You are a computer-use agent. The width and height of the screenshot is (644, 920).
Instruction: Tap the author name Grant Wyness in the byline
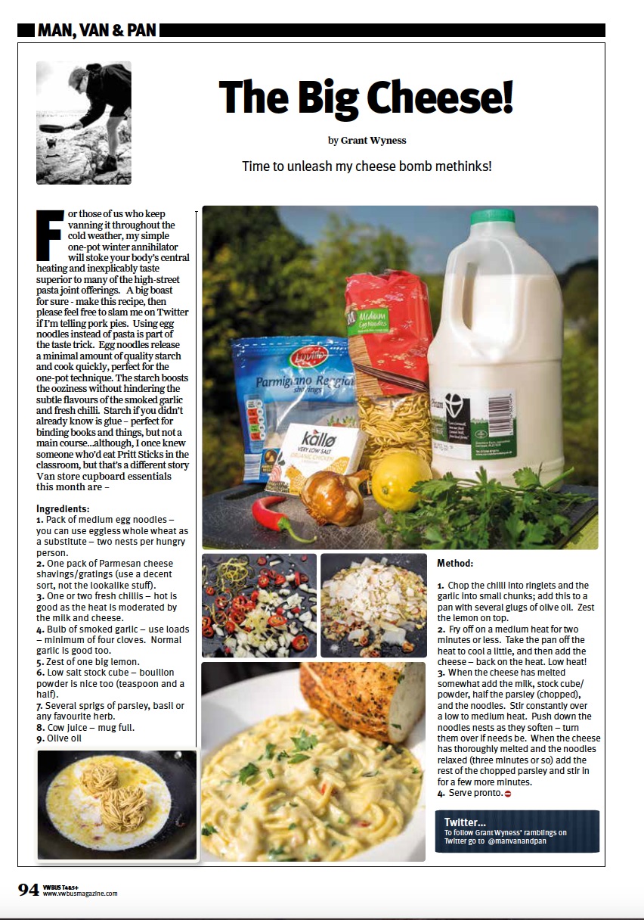tap(373, 140)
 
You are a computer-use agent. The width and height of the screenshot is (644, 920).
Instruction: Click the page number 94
tap(29, 890)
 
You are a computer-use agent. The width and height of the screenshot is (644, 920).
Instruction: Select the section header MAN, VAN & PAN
tap(97, 30)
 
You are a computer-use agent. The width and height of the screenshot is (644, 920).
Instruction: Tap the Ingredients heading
tap(63, 508)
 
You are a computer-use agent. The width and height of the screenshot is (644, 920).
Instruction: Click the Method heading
tap(455, 564)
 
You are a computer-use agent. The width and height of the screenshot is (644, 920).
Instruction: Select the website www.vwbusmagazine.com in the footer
tap(80, 894)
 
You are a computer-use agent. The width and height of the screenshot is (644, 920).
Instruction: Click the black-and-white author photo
tap(83, 123)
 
